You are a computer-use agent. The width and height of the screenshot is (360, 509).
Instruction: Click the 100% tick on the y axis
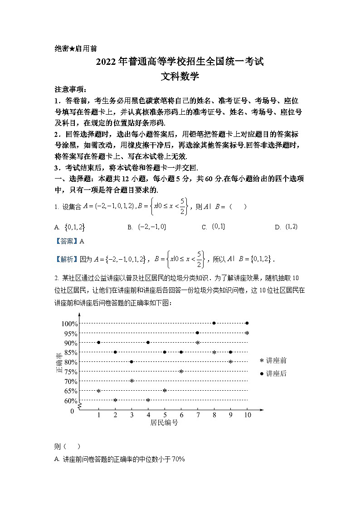click(x=69, y=324)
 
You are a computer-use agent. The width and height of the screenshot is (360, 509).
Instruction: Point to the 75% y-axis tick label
click(x=71, y=372)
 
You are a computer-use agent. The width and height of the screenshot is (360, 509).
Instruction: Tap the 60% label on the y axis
click(x=71, y=401)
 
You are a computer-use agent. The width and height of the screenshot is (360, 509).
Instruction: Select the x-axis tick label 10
click(x=247, y=415)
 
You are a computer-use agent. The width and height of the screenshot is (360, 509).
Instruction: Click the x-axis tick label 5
click(x=165, y=415)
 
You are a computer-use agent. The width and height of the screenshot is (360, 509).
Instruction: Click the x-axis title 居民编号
click(x=164, y=423)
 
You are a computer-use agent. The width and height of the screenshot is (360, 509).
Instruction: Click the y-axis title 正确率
click(x=59, y=363)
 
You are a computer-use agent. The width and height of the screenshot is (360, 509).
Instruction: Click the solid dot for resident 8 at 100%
click(x=214, y=323)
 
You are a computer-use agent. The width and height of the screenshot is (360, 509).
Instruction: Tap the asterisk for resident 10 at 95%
click(x=247, y=333)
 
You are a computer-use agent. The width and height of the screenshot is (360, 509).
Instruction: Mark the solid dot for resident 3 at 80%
click(x=131, y=362)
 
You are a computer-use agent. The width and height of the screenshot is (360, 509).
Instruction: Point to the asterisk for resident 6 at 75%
click(x=181, y=372)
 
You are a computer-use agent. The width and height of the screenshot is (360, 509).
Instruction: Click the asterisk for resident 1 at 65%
click(x=98, y=391)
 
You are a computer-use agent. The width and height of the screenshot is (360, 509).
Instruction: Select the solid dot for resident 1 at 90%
click(x=98, y=343)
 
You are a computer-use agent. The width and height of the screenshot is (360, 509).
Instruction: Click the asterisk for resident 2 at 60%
click(x=115, y=400)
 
